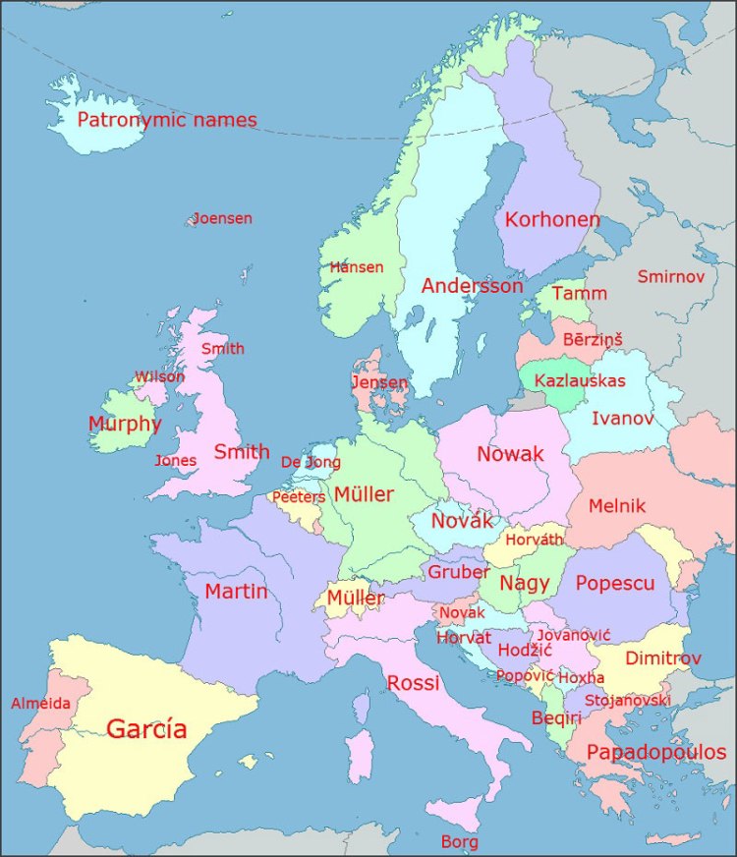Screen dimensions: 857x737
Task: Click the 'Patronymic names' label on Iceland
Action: tap(167, 121)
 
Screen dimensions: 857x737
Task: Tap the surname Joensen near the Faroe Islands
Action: tap(222, 218)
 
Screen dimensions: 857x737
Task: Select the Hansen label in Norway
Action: tap(357, 267)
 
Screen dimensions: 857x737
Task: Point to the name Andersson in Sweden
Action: tap(473, 286)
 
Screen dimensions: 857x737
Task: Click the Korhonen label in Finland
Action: tap(552, 219)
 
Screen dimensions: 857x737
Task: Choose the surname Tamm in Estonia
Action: tap(580, 293)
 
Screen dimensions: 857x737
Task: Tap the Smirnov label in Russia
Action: tap(671, 277)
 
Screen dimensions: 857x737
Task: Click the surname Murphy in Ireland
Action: tap(125, 424)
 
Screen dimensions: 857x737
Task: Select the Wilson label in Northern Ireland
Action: tap(159, 376)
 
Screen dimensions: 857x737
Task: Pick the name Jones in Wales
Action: tap(176, 460)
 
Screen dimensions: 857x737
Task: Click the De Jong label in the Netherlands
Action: tap(311, 462)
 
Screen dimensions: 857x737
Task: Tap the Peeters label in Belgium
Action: tap(299, 497)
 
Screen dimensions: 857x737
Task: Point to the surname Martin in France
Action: tap(237, 591)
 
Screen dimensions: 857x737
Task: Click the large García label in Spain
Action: tap(146, 728)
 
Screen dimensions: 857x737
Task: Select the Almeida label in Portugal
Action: tap(40, 703)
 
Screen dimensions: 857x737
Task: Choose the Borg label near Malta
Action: tap(460, 842)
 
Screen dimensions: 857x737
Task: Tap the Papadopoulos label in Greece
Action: tap(656, 753)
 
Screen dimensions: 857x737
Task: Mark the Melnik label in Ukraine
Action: tap(617, 506)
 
